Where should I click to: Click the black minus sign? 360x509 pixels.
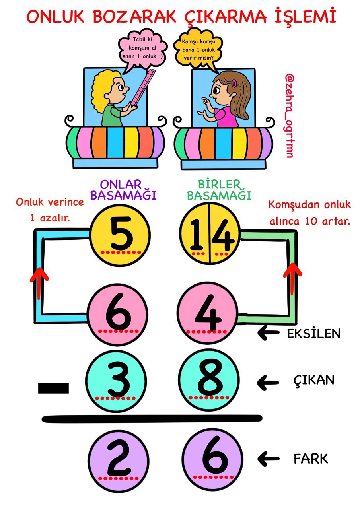point(53,388)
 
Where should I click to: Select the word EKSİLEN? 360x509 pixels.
point(313,334)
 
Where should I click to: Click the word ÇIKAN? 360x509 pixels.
point(313,380)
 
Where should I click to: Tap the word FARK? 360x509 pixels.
point(311,459)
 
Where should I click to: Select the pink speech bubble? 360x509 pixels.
point(142,49)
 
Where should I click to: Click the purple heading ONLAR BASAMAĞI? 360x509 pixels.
point(123,190)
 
